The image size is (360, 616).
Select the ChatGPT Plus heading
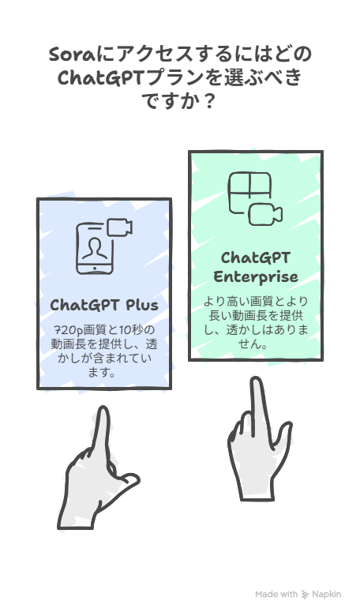104,306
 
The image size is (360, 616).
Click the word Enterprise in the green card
256,277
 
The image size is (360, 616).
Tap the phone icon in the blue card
94,249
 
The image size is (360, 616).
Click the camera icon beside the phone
119,227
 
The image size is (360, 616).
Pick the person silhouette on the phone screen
94,248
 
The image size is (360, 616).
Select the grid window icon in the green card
249,193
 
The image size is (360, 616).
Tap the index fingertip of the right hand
257,383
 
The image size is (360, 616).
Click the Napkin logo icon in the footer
305,595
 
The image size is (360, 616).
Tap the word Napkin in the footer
327,595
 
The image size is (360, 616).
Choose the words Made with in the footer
276,595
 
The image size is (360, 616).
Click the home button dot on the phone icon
94,269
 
